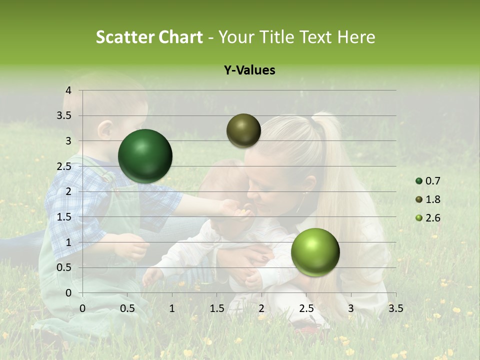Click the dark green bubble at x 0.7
tap(145, 156)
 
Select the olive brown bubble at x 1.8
tap(243, 130)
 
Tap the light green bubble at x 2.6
tap(315, 252)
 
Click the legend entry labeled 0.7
tap(427, 181)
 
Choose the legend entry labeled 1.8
tap(427, 199)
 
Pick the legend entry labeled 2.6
tap(427, 218)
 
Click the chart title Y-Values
tap(249, 70)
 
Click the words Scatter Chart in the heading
tap(149, 37)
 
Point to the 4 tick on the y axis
tap(69, 90)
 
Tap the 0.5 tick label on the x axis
tap(127, 308)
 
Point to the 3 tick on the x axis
tap(351, 308)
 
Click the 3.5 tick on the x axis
tap(395, 308)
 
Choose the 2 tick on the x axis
tap(261, 308)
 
